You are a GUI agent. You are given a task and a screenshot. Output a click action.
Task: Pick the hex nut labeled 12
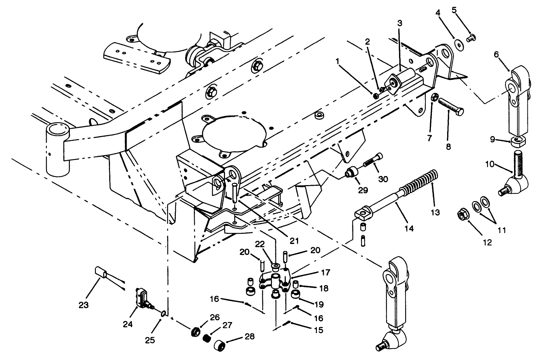(462, 215)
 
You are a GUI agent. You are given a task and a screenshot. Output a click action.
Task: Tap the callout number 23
(84, 305)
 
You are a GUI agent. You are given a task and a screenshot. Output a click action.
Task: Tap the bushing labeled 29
(352, 172)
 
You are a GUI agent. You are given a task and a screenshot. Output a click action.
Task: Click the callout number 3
(399, 23)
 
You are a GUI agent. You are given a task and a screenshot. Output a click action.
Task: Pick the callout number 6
(496, 55)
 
